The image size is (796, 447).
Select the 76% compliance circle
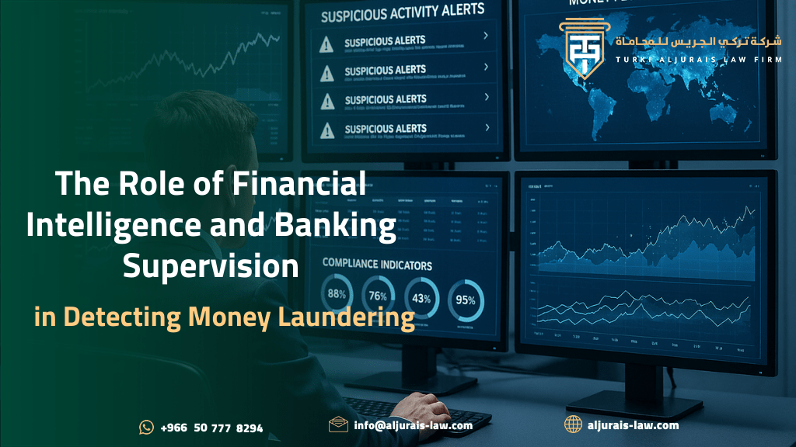[378, 297]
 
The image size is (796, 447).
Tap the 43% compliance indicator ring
[422, 299]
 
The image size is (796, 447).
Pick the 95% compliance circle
[466, 300]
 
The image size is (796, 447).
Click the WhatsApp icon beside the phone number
[146, 427]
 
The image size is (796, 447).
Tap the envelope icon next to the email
[338, 424]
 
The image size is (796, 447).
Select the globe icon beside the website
[573, 424]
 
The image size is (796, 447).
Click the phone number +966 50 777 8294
[211, 428]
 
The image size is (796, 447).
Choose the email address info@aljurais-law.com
[413, 425]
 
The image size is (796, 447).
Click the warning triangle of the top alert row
[326, 43]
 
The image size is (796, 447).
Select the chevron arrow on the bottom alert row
[487, 126]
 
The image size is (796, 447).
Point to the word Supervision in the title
[211, 266]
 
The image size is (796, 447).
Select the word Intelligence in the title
[105, 226]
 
